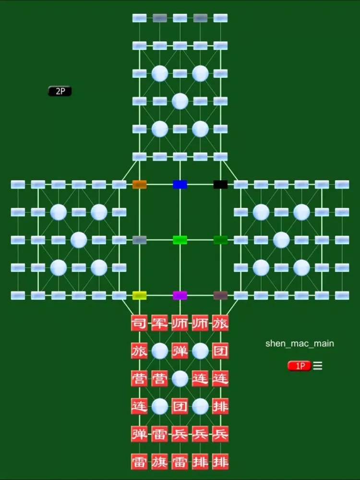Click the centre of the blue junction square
(180, 184)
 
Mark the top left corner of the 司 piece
(132, 315)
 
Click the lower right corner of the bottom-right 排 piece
(228, 470)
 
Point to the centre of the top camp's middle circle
(180, 101)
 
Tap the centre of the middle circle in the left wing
(79, 240)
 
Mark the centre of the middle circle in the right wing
(281, 240)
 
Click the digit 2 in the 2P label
(58, 91)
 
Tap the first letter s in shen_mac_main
(267, 344)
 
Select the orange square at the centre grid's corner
(139, 184)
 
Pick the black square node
(220, 184)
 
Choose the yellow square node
(139, 295)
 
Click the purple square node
(180, 295)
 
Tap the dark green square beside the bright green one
(220, 240)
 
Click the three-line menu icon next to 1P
(318, 366)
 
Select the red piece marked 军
(159, 323)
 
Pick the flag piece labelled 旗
(159, 462)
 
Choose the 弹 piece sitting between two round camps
(180, 351)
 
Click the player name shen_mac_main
(300, 344)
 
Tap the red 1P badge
(299, 366)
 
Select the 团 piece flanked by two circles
(180, 406)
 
